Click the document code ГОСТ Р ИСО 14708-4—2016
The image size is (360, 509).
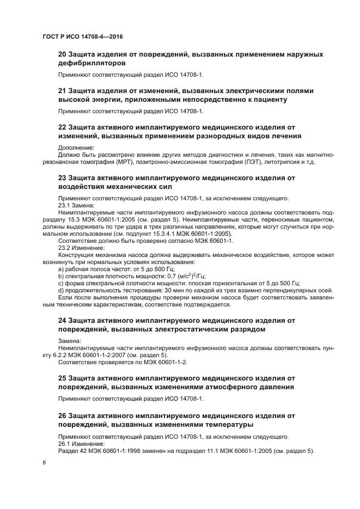pyautogui.click(x=82, y=36)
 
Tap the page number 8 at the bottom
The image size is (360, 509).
pyautogui.click(x=44, y=462)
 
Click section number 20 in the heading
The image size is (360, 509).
pyautogui.click(x=63, y=54)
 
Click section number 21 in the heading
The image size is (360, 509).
pyautogui.click(x=63, y=90)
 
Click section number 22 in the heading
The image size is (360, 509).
pyautogui.click(x=63, y=126)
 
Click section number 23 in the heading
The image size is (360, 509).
pyautogui.click(x=63, y=177)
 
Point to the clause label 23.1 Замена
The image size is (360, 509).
pyautogui.click(x=76, y=205)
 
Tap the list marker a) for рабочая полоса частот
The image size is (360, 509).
pyautogui.click(x=60, y=269)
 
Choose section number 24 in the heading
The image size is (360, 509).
pyautogui.click(x=63, y=320)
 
